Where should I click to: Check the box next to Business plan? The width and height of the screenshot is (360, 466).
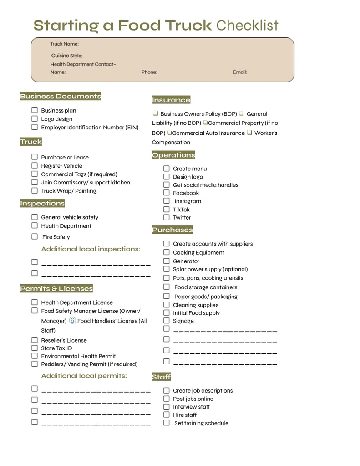pyautogui.click(x=35, y=110)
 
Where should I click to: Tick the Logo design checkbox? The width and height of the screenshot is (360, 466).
pyautogui.click(x=35, y=118)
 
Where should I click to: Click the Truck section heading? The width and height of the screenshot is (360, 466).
pyautogui.click(x=31, y=142)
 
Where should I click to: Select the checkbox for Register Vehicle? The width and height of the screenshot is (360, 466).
pyautogui.click(x=35, y=165)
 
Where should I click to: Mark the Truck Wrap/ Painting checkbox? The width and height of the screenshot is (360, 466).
pyautogui.click(x=35, y=190)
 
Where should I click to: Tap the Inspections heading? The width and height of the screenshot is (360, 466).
pyautogui.click(x=42, y=203)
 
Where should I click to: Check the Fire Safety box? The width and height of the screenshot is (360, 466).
pyautogui.click(x=35, y=236)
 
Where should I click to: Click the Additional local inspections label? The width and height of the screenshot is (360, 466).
pyautogui.click(x=91, y=249)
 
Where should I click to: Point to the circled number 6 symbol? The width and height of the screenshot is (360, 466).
pyautogui.click(x=72, y=321)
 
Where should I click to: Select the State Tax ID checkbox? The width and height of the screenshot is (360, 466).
pyautogui.click(x=35, y=348)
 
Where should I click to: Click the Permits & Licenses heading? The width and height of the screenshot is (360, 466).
pyautogui.click(x=56, y=288)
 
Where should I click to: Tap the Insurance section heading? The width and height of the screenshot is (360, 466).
pyautogui.click(x=171, y=100)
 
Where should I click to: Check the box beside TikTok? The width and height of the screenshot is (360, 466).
pyautogui.click(x=167, y=210)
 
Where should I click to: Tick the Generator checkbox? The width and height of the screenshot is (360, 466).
pyautogui.click(x=167, y=261)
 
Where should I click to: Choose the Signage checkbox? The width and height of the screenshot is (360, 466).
pyautogui.click(x=167, y=321)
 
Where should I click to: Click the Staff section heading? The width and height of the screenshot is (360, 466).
pyautogui.click(x=162, y=377)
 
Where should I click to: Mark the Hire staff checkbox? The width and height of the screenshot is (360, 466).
pyautogui.click(x=167, y=415)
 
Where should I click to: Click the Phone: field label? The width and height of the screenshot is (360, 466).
pyautogui.click(x=149, y=72)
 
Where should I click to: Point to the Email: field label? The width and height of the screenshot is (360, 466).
pyautogui.click(x=240, y=72)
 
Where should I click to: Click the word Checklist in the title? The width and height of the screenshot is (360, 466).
pyautogui.click(x=247, y=25)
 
